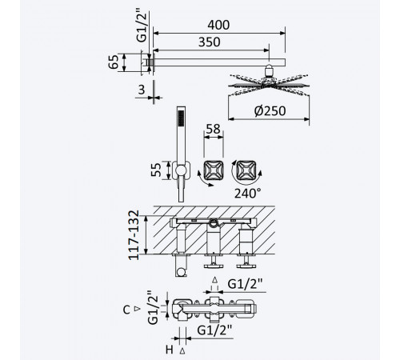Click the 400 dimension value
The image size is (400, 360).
218,25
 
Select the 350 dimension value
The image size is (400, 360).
210,42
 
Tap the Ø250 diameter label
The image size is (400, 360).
270,111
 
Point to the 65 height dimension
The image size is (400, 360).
114,62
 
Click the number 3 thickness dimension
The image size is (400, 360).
142,90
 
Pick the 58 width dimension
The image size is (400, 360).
214,129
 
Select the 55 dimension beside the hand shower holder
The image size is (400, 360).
156,170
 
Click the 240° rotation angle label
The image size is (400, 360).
247,194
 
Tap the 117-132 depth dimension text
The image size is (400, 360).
134,235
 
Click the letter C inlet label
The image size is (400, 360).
126,310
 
